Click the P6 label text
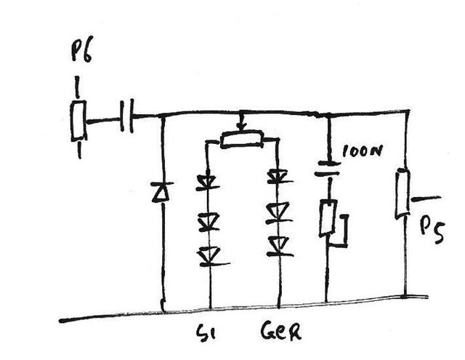click(82, 49)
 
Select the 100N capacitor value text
click(362, 151)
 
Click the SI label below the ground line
click(206, 332)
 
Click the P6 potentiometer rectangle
click(78, 120)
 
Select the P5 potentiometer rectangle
click(403, 193)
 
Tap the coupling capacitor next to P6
click(127, 116)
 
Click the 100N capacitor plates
click(328, 168)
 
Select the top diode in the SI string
click(208, 182)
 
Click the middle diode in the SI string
click(209, 221)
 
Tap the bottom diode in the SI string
click(211, 257)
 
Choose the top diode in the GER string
click(278, 176)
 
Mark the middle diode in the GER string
click(278, 212)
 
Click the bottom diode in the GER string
click(279, 247)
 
